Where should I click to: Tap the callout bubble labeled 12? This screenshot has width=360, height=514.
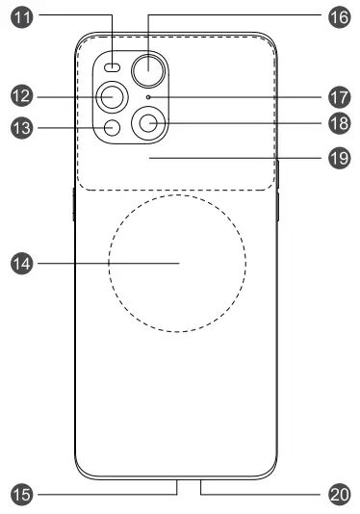(21, 95)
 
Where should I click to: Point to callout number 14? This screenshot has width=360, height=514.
(21, 262)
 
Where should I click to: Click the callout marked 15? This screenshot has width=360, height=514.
(21, 494)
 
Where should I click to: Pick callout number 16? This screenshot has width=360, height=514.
(338, 17)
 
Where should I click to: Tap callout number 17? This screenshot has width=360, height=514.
(338, 97)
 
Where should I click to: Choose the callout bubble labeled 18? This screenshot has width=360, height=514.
(338, 124)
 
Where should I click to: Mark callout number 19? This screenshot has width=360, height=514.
(338, 158)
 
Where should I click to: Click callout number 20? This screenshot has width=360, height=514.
(338, 494)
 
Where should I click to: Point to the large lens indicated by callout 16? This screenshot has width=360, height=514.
(149, 67)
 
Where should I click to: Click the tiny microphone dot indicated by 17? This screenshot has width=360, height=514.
(147, 98)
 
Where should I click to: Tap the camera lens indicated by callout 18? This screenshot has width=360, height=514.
(149, 123)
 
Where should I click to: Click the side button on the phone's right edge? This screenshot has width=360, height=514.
(278, 207)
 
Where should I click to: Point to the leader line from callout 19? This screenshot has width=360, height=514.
(241, 158)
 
